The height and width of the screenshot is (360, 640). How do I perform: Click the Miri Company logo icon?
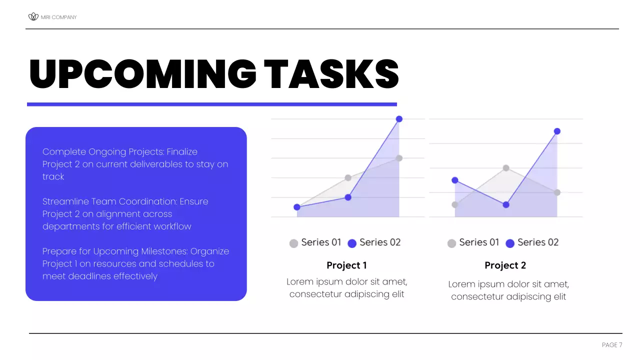coord(33,17)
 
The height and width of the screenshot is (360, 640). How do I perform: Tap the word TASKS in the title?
coord(331,74)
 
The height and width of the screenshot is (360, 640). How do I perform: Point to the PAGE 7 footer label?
coord(612,345)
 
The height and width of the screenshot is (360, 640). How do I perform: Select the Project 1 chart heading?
coord(346,265)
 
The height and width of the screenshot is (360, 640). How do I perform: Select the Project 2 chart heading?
coord(505,265)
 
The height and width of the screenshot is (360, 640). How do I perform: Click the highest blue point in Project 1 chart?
coord(399,119)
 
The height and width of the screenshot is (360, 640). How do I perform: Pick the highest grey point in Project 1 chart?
coord(399,158)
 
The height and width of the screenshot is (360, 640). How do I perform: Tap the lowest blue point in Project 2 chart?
coord(506,204)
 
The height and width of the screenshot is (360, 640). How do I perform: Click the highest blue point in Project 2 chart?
coord(557,131)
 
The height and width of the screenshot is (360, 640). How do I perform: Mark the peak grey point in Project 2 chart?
coord(506,168)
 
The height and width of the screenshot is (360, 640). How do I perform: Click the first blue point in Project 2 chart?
coord(455,180)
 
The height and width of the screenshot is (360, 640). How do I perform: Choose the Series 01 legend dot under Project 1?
coord(294,243)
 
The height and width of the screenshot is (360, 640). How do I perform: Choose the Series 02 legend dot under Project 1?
coord(352,243)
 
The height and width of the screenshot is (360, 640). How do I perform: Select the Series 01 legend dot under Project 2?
coord(452,243)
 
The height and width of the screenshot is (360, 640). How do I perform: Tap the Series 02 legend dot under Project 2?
coord(510,243)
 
